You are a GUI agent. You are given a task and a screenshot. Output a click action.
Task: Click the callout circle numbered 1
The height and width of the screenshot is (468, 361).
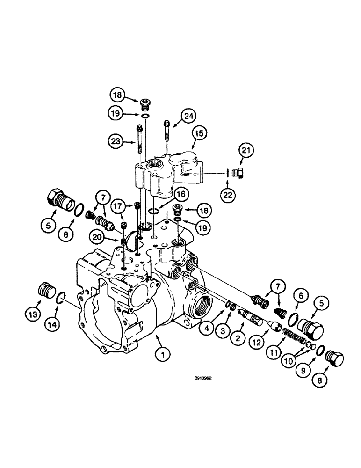coord(162,357)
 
